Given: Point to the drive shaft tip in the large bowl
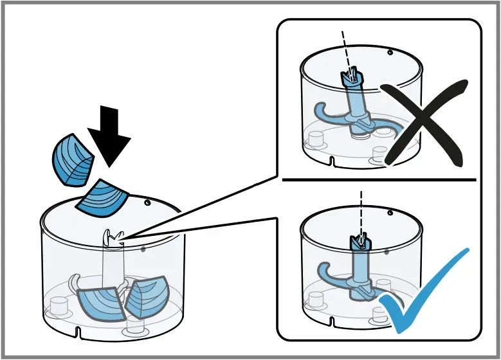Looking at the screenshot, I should [x=113, y=237].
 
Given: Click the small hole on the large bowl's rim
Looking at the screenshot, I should [x=147, y=203].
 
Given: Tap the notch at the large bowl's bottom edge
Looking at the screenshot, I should [x=78, y=332].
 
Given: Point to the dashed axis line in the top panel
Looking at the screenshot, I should [x=346, y=48].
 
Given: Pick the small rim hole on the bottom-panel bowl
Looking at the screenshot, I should [x=390, y=210].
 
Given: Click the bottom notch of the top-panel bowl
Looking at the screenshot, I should [x=331, y=159].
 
